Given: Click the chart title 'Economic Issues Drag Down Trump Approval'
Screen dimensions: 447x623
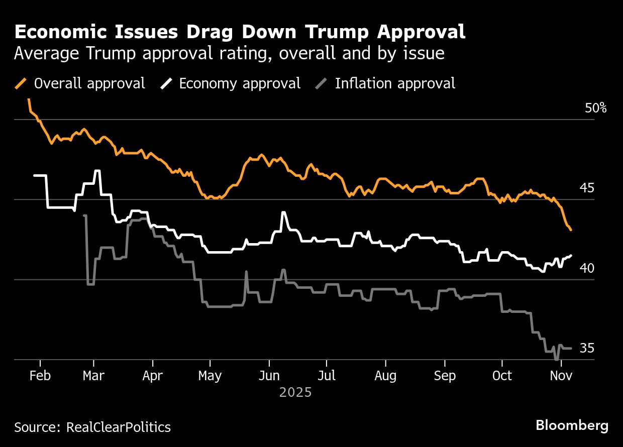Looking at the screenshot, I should [x=240, y=32].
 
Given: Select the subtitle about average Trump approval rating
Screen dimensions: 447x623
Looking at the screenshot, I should [x=229, y=53].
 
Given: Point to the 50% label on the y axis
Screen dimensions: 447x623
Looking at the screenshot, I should [x=595, y=108].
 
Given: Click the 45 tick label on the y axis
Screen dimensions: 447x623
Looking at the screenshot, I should [x=587, y=188].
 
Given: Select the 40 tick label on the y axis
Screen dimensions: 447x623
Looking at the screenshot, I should [x=587, y=268].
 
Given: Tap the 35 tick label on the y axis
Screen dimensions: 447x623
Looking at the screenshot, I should [x=587, y=348].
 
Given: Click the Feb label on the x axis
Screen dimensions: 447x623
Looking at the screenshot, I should [x=40, y=376].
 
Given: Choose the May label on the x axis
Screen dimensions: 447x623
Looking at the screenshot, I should [x=210, y=376].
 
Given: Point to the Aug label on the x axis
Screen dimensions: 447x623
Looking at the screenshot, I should [x=385, y=376].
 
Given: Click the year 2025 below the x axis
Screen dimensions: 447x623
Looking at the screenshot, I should [x=295, y=392].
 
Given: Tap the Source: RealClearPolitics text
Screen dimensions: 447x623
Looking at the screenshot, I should [x=92, y=427].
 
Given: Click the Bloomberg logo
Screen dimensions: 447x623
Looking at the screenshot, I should [x=572, y=426].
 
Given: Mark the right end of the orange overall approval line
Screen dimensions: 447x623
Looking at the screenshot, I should [x=571, y=230].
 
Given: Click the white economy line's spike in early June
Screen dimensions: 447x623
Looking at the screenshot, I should [x=284, y=212].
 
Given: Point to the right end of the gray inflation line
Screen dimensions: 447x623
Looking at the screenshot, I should [x=571, y=348].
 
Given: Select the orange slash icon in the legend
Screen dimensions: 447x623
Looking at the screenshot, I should [x=21, y=83].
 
